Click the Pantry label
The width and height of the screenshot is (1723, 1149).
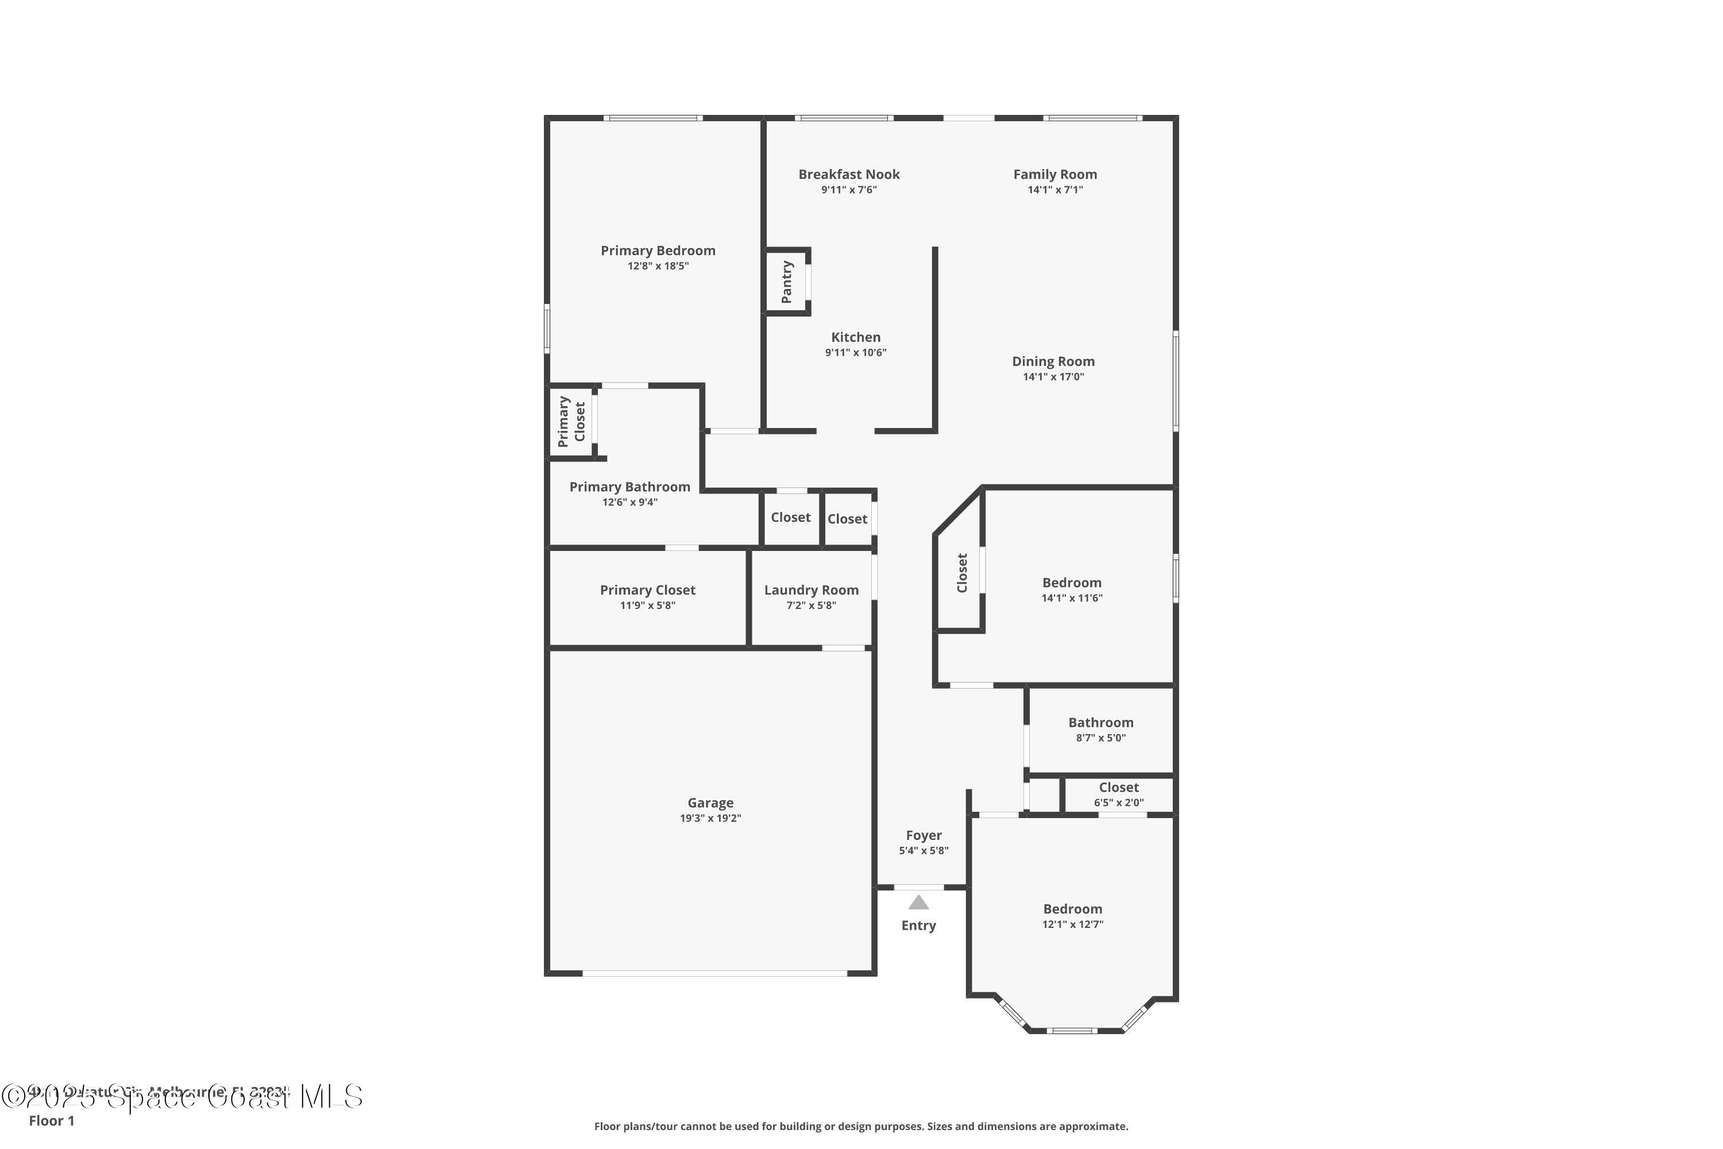coord(787,282)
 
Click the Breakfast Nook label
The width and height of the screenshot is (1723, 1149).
coord(849,175)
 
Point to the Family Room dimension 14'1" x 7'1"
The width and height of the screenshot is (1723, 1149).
coord(1055,190)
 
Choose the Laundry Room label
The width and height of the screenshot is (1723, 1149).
coord(811,590)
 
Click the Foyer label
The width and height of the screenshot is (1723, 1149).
coord(924,835)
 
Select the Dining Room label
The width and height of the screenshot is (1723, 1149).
coord(1053,361)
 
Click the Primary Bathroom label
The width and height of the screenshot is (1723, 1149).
coord(630,487)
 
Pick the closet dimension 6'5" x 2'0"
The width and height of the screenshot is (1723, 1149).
coord(1119,803)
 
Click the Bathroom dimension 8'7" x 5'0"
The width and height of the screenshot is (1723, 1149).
coord(1100,738)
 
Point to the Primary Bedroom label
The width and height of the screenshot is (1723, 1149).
coord(658,250)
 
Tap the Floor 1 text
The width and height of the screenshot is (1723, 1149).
coord(51,1120)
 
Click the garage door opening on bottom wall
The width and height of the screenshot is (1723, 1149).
coord(714,973)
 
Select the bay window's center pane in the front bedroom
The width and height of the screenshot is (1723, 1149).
coord(1071,1030)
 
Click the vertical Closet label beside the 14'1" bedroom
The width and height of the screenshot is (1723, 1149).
coord(962,573)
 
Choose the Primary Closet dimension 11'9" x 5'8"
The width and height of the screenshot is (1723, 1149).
coord(648,606)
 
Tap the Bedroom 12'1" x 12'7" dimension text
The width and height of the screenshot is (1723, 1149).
coord(1072,924)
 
